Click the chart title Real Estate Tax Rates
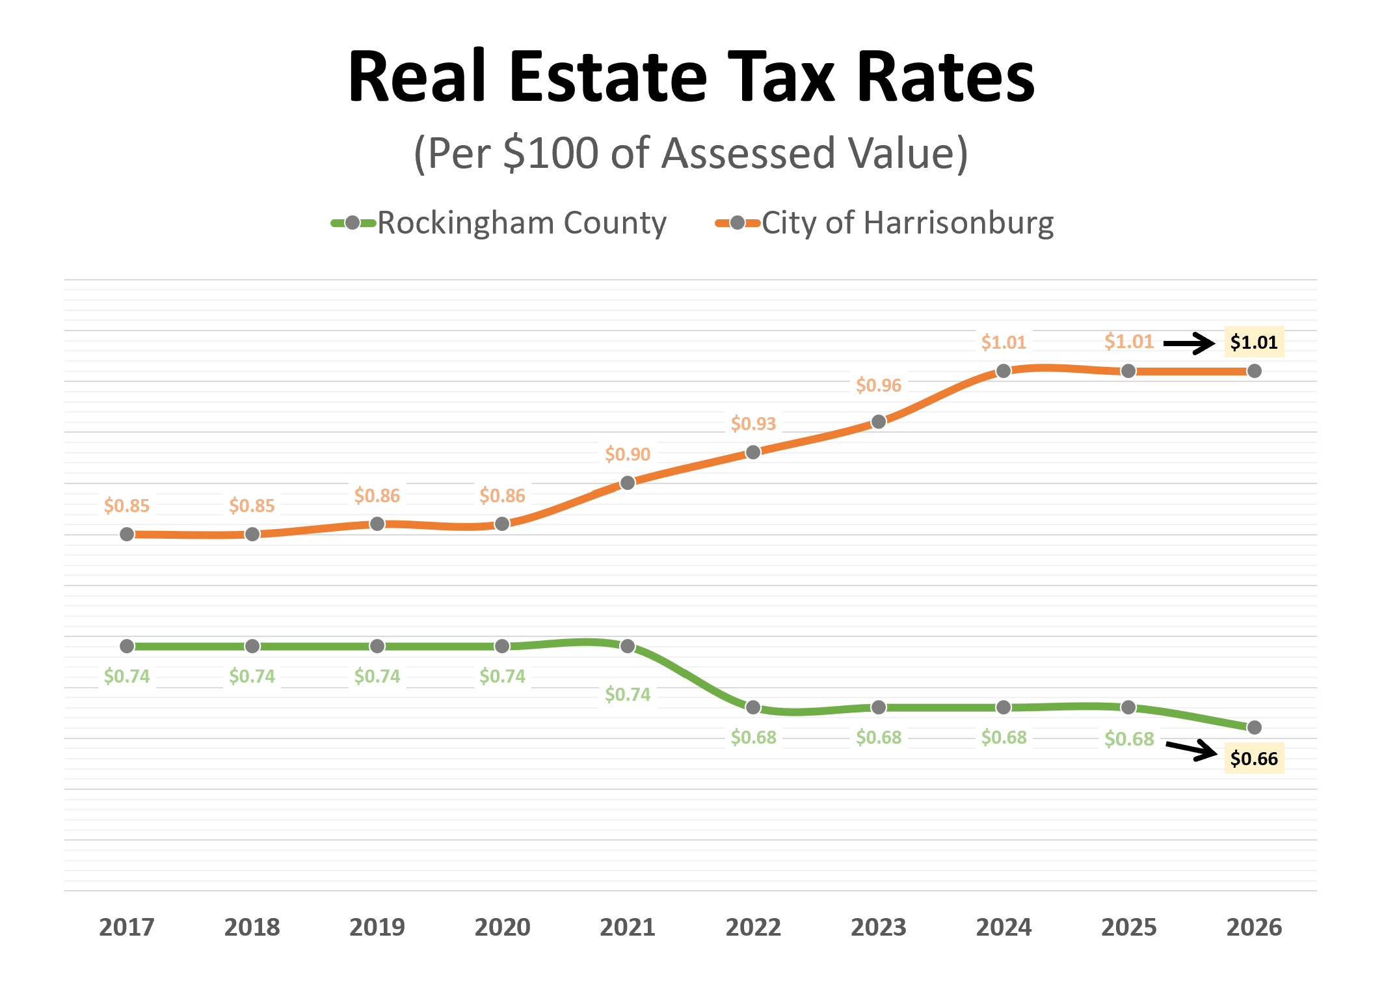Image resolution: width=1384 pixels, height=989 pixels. (x=691, y=77)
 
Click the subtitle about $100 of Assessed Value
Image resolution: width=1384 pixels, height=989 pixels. (x=691, y=154)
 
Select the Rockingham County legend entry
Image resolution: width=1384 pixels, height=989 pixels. (x=499, y=223)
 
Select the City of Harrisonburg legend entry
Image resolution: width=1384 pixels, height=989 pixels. (x=885, y=223)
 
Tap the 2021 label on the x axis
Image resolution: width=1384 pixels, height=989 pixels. (x=627, y=927)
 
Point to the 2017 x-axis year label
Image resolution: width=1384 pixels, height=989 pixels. (x=127, y=927)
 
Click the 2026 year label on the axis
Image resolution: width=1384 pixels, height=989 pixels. (x=1254, y=927)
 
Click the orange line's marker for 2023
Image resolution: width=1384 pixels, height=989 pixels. (x=879, y=422)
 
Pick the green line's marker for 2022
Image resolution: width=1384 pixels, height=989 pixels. (x=753, y=707)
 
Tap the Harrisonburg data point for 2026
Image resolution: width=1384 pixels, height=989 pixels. (x=1255, y=371)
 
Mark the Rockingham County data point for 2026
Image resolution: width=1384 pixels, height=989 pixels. (x=1255, y=727)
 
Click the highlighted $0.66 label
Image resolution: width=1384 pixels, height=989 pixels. (x=1254, y=759)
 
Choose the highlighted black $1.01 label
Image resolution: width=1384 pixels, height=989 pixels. (x=1254, y=342)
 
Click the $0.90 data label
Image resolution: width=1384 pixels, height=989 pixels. (x=628, y=454)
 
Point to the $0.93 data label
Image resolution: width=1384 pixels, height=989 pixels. (x=753, y=424)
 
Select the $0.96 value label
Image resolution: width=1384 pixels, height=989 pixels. (x=879, y=385)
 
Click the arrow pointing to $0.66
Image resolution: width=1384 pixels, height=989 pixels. (x=1191, y=750)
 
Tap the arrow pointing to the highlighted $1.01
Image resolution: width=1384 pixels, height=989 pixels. (x=1189, y=343)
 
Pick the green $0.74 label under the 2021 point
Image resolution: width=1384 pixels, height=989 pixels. (x=628, y=695)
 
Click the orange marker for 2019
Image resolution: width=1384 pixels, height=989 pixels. (x=377, y=524)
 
